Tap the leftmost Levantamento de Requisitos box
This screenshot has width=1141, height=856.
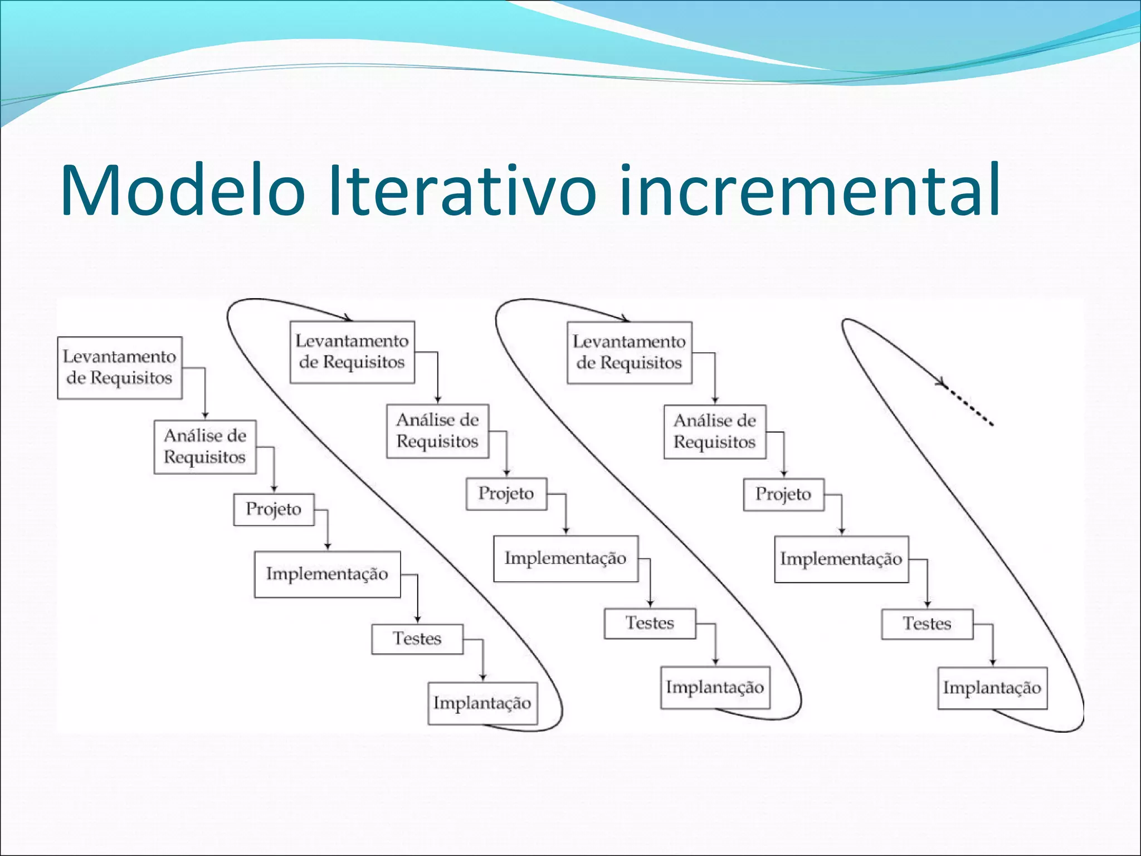coord(120,367)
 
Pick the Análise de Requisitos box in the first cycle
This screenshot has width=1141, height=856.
coord(205,446)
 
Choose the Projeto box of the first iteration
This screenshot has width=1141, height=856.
coord(274,509)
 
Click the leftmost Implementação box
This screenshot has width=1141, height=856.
coord(328,574)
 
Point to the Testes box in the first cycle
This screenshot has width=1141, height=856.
coord(417,638)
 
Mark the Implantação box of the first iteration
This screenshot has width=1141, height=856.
coord(482,703)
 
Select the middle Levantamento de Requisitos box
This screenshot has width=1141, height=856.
coord(352,352)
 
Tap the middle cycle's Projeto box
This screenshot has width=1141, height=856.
coord(506,493)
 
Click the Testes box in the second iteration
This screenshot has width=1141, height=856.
coord(650,622)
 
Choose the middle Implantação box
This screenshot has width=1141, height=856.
coord(715,687)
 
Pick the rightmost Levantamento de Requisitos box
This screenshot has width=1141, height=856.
coord(630,352)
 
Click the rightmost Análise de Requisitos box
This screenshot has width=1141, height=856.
coord(715,431)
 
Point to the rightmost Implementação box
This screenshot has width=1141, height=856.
coord(841,559)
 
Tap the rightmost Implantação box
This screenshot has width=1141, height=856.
coord(992,688)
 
